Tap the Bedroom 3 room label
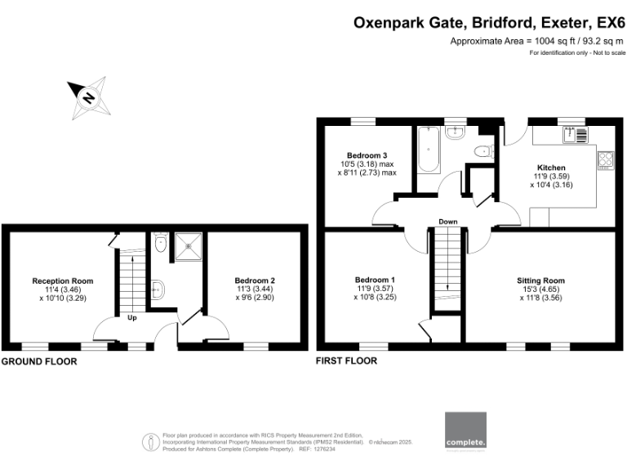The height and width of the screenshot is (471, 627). [367, 155]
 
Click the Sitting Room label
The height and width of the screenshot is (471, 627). [540, 280]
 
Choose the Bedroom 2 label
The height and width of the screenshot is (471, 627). [255, 280]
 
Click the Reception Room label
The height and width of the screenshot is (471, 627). [62, 280]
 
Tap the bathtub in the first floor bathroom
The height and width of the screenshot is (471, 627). [428, 151]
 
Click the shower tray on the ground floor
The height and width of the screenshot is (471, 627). [189, 243]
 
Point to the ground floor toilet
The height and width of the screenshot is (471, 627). [161, 242]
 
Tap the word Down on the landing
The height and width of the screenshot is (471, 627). [447, 222]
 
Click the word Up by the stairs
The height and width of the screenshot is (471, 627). [131, 318]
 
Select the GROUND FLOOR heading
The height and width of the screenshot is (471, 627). [39, 361]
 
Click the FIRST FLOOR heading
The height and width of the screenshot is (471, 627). [346, 361]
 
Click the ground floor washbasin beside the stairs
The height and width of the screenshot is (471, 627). [160, 289]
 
